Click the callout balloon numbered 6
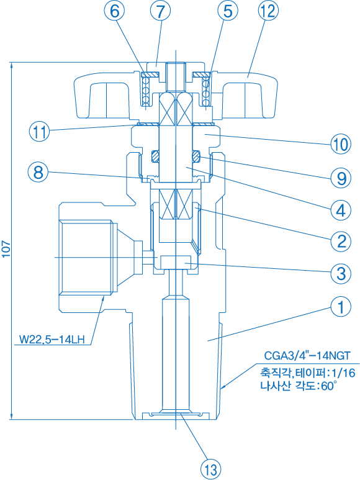[114, 11]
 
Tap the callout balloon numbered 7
[160, 11]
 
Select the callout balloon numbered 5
[228, 11]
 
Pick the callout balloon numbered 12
[268, 11]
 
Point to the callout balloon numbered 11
[39, 132]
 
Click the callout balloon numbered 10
[341, 144]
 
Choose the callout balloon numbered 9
[341, 178]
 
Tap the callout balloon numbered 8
[38, 172]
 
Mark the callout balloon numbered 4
[341, 210]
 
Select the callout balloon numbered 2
[341, 242]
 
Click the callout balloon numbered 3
[341, 273]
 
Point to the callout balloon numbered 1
[341, 306]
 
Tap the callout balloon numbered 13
[211, 469]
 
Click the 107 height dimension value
[6, 250]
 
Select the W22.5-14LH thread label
[52, 340]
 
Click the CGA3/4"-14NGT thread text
[307, 355]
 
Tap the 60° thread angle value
[328, 386]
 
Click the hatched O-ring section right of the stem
[196, 156]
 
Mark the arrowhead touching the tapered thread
[223, 387]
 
